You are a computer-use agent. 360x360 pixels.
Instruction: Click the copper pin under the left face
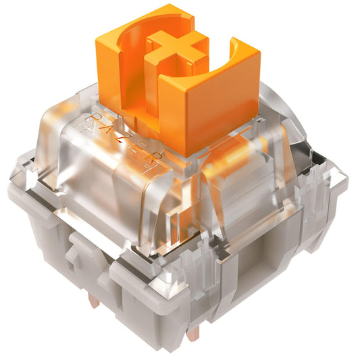pos(95,301)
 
